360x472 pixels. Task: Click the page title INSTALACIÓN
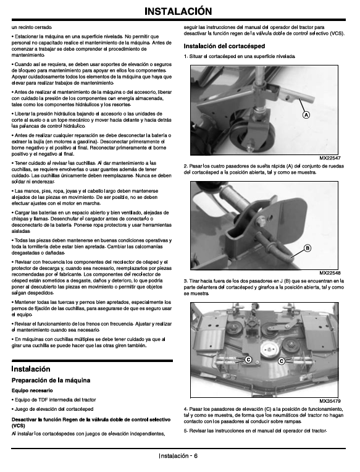click(178, 11)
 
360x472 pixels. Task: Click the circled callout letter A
click(306, 115)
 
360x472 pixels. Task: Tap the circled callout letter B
click(308, 248)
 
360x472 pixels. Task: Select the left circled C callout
click(248, 360)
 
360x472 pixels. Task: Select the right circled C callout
click(282, 361)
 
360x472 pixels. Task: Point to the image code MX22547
click(330, 158)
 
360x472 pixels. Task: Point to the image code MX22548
click(330, 273)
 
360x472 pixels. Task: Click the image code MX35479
click(330, 401)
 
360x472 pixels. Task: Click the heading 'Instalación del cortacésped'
click(224, 46)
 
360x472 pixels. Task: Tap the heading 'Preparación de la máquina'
click(51, 380)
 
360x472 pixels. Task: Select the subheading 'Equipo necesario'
click(32, 390)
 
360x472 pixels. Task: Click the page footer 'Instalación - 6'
click(178, 456)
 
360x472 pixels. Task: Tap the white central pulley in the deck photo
click(268, 350)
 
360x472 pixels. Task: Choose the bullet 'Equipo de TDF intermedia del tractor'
click(54, 400)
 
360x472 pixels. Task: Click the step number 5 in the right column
click(185, 431)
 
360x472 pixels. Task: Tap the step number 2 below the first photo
click(185, 166)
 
